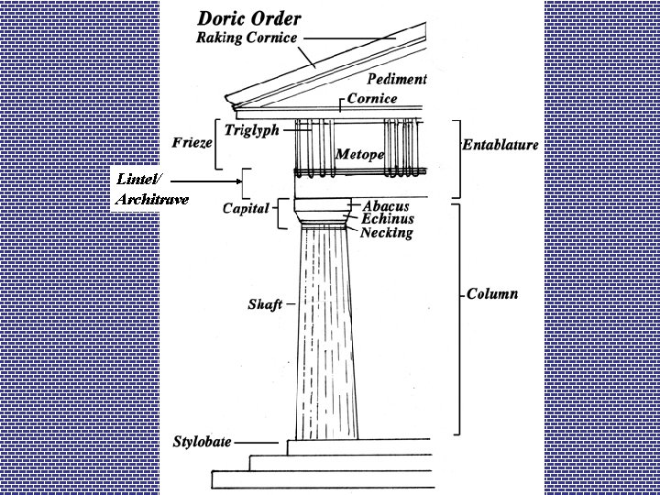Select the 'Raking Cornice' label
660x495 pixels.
click(x=247, y=38)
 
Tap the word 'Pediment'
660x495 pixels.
click(x=397, y=80)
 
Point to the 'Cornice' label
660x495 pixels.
click(x=372, y=99)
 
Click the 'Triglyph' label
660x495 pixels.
click(x=252, y=131)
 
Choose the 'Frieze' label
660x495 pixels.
click(x=192, y=143)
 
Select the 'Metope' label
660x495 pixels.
click(x=359, y=154)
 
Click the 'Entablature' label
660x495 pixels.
click(x=500, y=145)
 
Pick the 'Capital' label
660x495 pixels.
click(x=246, y=208)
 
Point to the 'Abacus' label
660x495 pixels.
click(x=385, y=206)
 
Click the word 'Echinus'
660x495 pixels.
click(x=387, y=219)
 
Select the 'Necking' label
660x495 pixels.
click(x=386, y=233)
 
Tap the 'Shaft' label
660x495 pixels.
click(x=265, y=304)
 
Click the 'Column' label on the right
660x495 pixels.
click(x=492, y=294)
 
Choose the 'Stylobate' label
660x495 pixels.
click(x=202, y=442)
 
